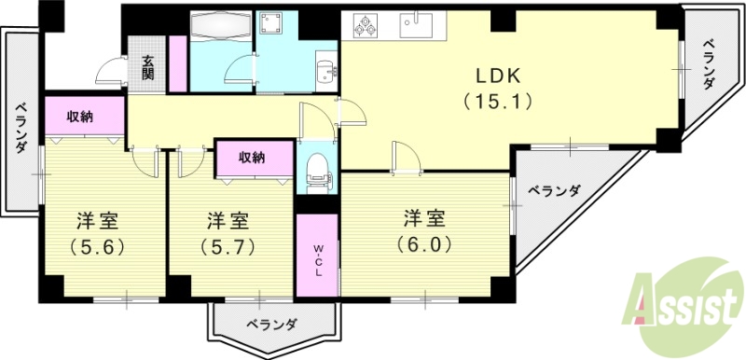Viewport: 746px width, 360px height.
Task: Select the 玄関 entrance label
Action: (x=148, y=67)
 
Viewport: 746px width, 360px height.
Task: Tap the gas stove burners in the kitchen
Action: (x=363, y=26)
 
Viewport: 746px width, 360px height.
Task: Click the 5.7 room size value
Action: (x=228, y=248)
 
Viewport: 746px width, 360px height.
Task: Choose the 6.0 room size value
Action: (x=424, y=246)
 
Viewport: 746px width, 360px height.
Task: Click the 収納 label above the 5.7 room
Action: (x=252, y=157)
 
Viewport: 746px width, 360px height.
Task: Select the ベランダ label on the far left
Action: (x=21, y=127)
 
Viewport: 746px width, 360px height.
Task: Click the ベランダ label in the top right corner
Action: (x=708, y=63)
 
